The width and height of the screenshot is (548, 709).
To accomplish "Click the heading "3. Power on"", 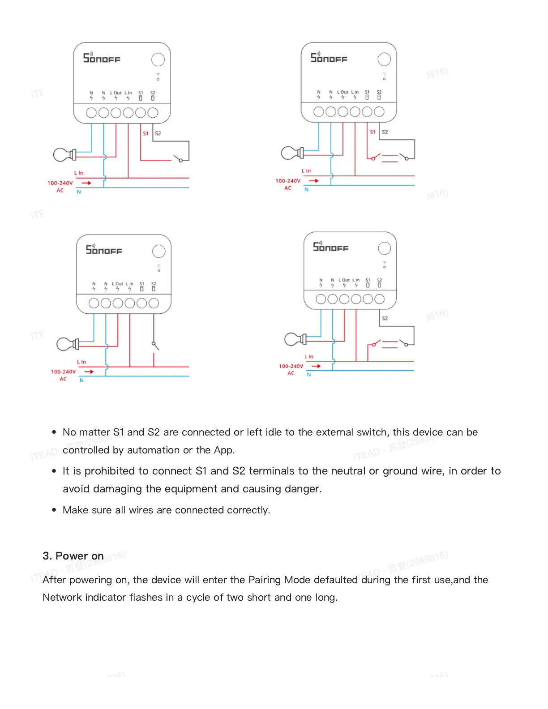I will coord(73,556).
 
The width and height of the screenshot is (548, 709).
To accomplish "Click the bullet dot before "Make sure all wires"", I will coord(54,510).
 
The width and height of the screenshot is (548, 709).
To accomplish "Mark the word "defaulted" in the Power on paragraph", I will coord(336,580).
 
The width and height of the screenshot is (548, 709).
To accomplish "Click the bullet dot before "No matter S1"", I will coord(54,432).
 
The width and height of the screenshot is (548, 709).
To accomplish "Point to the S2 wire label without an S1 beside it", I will coord(385,318).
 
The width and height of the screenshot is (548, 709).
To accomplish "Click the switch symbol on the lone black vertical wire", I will coord(155,346).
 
